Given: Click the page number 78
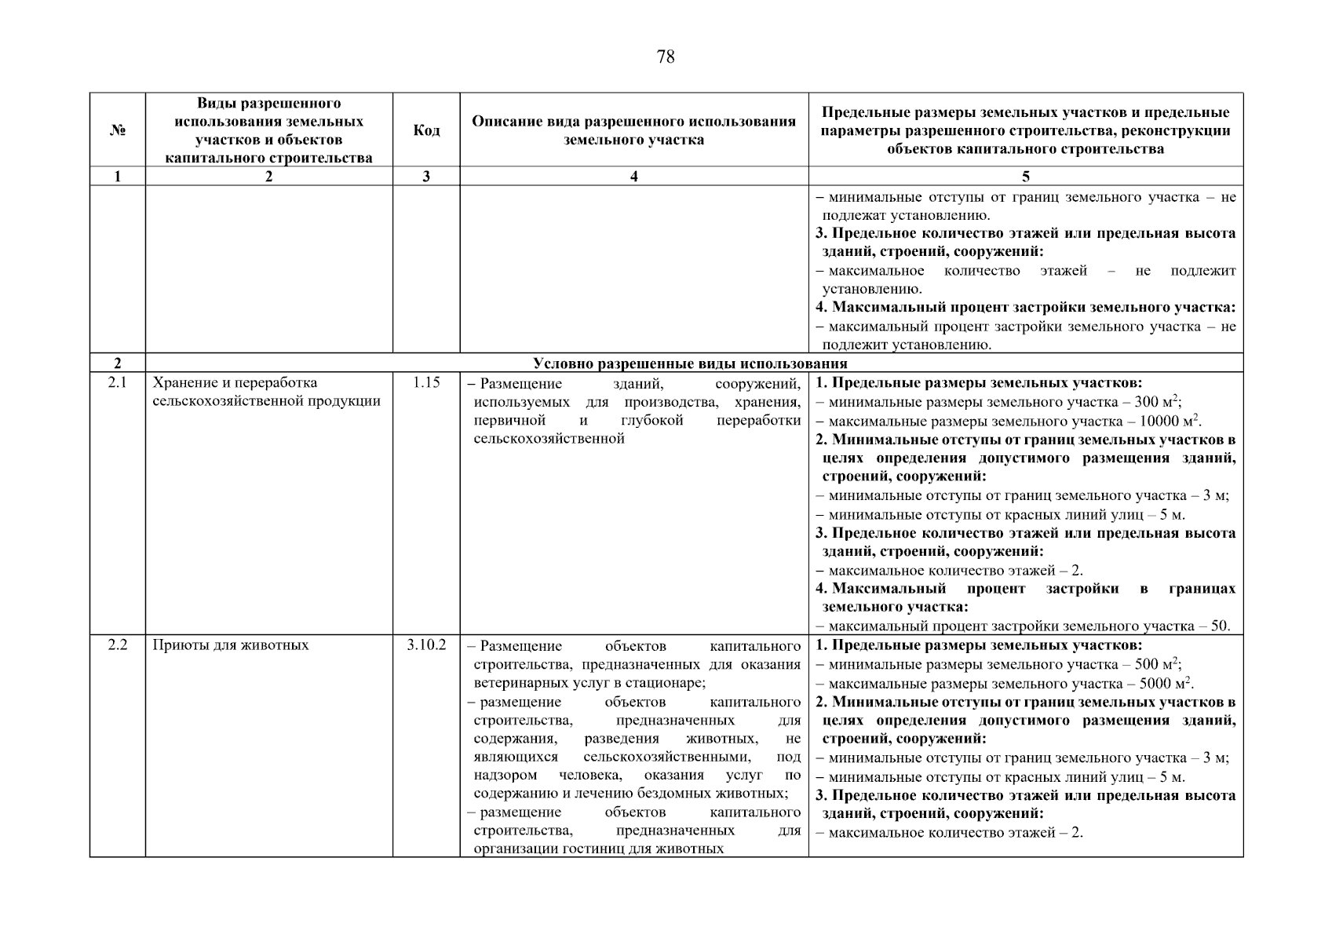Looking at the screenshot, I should (665, 57).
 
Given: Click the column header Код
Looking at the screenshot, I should (426, 130).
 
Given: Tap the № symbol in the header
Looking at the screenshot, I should (118, 130).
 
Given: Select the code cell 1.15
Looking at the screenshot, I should (426, 383).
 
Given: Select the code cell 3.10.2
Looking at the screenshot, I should (426, 645).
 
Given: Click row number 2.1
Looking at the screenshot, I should (118, 383).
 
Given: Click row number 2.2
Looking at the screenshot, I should (118, 645).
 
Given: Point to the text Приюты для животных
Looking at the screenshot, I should (231, 645).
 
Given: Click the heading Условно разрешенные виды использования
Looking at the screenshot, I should (690, 363).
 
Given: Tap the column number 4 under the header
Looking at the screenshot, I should (633, 177).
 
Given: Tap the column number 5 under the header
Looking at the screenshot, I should (1026, 177).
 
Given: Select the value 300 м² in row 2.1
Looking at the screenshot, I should (1158, 402).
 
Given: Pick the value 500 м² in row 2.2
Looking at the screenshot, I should (1158, 664).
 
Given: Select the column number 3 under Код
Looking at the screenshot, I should (426, 177).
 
